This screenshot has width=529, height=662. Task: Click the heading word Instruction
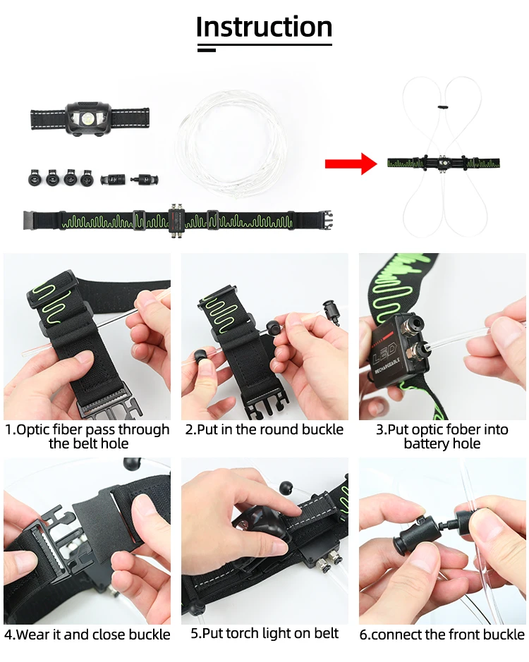(264, 27)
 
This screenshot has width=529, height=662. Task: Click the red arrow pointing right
(351, 164)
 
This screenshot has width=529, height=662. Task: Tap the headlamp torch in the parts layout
(89, 118)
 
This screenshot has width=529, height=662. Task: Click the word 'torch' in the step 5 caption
(243, 633)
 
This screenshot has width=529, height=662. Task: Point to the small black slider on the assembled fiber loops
(442, 107)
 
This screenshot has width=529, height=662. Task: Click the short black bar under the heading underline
(206, 50)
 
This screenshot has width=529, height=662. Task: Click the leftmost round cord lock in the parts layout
(35, 178)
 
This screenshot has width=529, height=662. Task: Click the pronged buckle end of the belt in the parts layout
(326, 220)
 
